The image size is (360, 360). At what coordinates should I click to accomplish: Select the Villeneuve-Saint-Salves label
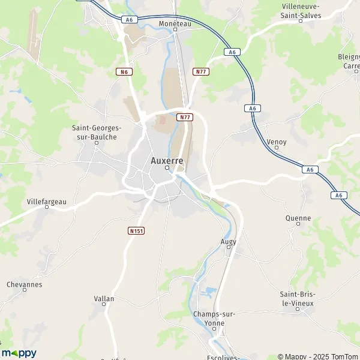[301, 10]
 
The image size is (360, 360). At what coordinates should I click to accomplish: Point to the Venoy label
[276, 142]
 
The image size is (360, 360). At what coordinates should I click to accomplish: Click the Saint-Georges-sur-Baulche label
[97, 132]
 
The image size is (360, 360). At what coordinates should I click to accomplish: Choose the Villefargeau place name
[47, 202]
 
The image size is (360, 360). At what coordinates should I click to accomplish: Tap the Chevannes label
[25, 284]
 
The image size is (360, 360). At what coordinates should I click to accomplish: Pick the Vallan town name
[104, 298]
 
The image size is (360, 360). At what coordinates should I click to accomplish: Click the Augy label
[229, 241]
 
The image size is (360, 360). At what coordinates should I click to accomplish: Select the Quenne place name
[298, 218]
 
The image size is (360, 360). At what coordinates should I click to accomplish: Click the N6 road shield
[124, 71]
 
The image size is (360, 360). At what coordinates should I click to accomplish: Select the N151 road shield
[136, 230]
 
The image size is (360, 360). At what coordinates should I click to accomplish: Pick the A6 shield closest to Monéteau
[128, 20]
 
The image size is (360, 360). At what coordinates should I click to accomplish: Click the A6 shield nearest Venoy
[253, 108]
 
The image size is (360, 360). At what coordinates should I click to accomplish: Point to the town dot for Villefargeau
[47, 208]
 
